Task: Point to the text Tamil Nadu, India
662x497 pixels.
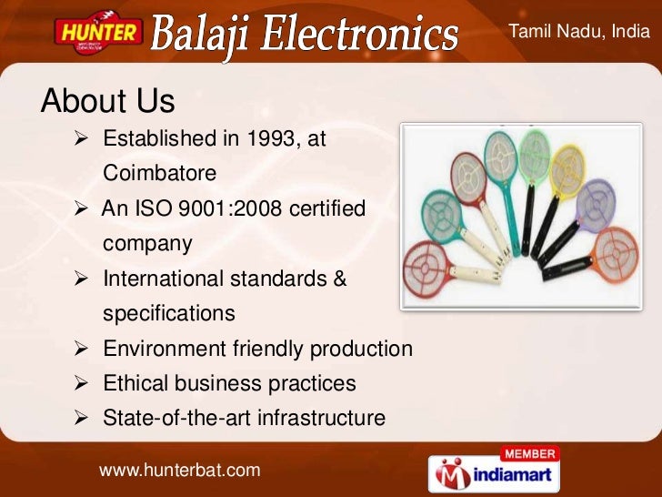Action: tap(579, 32)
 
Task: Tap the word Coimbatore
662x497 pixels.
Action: tap(161, 173)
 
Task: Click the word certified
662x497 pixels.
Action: tap(328, 209)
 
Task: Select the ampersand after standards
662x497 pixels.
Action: tap(338, 279)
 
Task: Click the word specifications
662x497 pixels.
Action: tap(169, 313)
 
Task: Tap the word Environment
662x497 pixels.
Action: tap(160, 349)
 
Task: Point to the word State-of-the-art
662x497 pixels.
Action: tap(177, 418)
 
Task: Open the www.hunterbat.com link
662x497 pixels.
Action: tap(179, 470)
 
